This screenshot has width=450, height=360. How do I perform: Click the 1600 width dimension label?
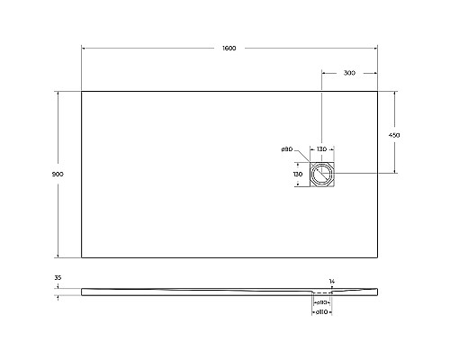229,48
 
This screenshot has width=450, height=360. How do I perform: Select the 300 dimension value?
348,73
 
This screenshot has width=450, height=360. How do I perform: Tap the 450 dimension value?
393,134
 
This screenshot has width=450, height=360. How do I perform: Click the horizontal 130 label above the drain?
321,149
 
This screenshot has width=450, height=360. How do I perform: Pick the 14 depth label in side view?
332,282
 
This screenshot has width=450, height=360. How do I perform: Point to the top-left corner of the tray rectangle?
82,91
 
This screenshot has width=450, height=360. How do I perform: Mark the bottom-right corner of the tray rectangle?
377,257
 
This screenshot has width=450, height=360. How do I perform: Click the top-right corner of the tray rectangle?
377,91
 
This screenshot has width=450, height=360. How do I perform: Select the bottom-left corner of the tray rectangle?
82,257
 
